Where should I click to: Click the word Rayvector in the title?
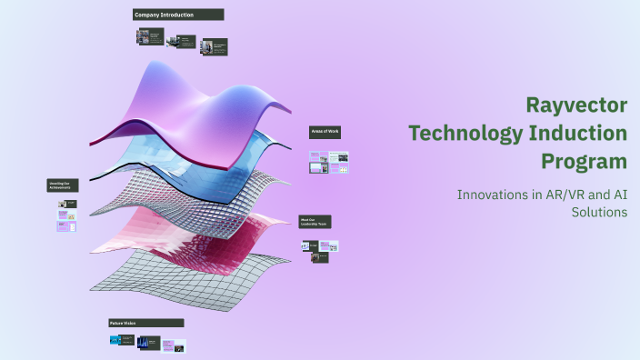pyautogui.click(x=577, y=105)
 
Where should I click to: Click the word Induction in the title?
pyautogui.click(x=579, y=134)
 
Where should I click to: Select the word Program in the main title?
pyautogui.click(x=584, y=162)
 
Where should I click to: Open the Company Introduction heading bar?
pyautogui.click(x=178, y=15)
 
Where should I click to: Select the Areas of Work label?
pyautogui.click(x=325, y=133)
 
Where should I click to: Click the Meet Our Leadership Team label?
pyautogui.click(x=315, y=222)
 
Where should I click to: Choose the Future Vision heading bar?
pyautogui.click(x=146, y=323)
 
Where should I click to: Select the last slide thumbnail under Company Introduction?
pyautogui.click(x=215, y=45)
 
